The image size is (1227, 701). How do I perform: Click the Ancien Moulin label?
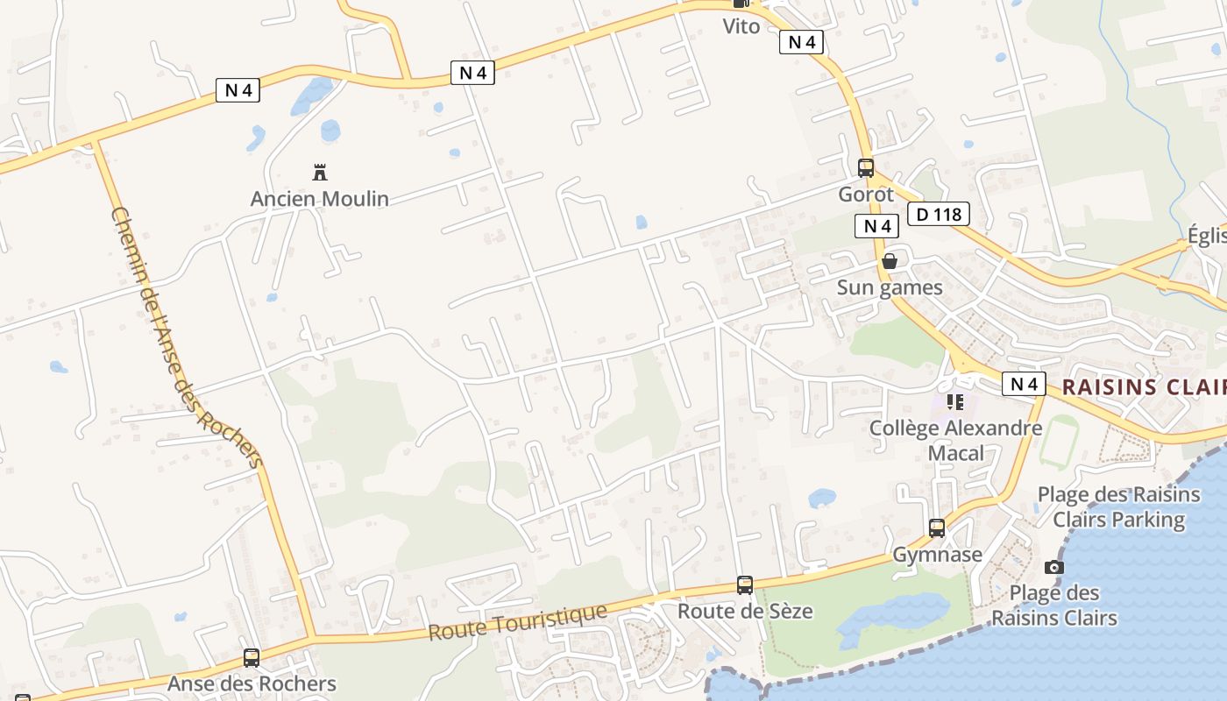coord(319,199)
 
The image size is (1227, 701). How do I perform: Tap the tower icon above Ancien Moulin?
coord(320,171)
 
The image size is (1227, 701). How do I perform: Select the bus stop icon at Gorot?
coord(866,167)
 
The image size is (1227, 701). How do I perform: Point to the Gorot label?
coord(866,195)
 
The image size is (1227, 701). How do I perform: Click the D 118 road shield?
coord(938,214)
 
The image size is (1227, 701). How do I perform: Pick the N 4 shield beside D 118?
coord(876,226)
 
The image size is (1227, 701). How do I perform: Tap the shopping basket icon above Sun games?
coord(890,261)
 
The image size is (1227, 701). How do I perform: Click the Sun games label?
coord(890,287)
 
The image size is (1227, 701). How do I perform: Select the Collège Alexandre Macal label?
coord(955,441)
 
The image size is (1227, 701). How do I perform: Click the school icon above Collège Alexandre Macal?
coord(955,402)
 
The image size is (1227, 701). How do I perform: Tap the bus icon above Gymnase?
coord(937,528)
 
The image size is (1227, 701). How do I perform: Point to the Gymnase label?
coord(937,555)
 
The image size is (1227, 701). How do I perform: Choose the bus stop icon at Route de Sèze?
coord(745,584)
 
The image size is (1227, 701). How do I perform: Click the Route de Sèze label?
coord(745,611)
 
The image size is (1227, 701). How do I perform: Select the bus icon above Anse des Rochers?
coord(252,657)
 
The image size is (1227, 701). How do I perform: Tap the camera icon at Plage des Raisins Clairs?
coord(1054,567)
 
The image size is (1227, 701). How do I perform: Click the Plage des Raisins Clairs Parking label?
coord(1118,507)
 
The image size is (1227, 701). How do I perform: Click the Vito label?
coord(741,26)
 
